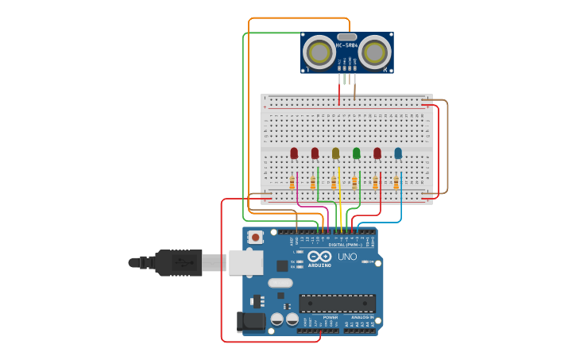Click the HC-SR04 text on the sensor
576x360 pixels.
(x=346, y=45)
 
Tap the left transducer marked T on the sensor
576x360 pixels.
(x=319, y=52)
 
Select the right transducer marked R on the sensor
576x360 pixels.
(x=374, y=52)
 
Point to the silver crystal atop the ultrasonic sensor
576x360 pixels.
(x=346, y=37)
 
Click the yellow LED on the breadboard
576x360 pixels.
(x=335, y=153)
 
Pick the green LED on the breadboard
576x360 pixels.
(x=356, y=153)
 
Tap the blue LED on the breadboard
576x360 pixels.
(x=398, y=153)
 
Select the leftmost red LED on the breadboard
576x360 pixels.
(x=294, y=153)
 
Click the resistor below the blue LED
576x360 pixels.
(x=396, y=184)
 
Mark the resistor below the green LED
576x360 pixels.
(x=354, y=184)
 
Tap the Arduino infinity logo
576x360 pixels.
(x=319, y=257)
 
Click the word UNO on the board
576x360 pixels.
(x=347, y=257)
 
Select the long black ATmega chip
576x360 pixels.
(x=337, y=303)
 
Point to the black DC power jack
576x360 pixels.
(x=251, y=321)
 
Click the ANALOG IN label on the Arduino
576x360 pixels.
(x=361, y=317)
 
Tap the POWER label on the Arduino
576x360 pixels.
(x=330, y=317)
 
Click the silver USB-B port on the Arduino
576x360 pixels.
(x=245, y=262)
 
